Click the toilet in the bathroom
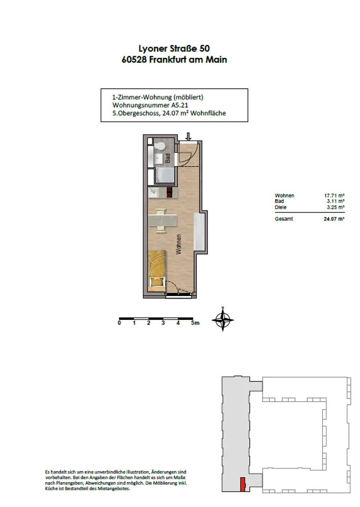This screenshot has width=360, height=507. pyautogui.click(x=159, y=147)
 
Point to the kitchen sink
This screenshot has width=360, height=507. pyautogui.click(x=153, y=193)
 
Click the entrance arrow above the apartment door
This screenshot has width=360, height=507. pyautogui.click(x=188, y=136)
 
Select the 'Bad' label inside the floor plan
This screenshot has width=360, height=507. pyautogui.click(x=168, y=158)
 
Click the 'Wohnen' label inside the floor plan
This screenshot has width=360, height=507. pyautogui.click(x=178, y=244)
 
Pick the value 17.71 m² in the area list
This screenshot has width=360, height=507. pyautogui.click(x=334, y=196)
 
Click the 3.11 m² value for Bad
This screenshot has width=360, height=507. pyautogui.click(x=336, y=201)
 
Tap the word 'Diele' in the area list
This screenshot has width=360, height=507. pyautogui.click(x=280, y=207)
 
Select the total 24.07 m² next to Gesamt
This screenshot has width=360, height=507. pyautogui.click(x=334, y=219)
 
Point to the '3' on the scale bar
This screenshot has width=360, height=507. pyautogui.click(x=163, y=322)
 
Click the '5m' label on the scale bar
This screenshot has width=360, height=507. pyautogui.click(x=195, y=322)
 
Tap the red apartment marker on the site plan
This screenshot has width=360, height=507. pyautogui.click(x=242, y=484)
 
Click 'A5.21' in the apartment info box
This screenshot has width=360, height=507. pyautogui.click(x=179, y=105)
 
